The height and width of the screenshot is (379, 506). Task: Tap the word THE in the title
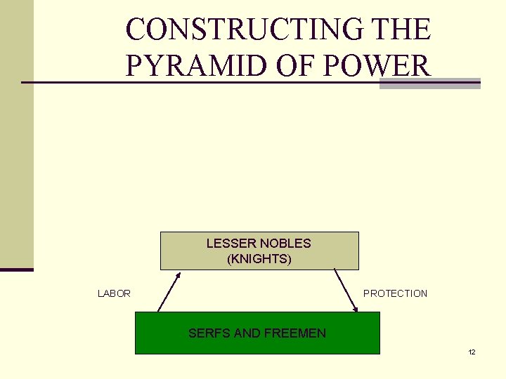(404, 29)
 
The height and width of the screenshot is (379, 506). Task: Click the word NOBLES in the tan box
(285, 244)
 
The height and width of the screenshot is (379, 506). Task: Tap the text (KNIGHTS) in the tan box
(259, 259)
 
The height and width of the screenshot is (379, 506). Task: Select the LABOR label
(114, 293)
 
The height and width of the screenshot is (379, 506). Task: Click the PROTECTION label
(395, 293)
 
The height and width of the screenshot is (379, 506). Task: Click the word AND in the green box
(247, 333)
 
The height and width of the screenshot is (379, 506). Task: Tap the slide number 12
(472, 352)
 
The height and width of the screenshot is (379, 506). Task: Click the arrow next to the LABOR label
(169, 291)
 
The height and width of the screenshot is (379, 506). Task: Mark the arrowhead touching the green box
(355, 308)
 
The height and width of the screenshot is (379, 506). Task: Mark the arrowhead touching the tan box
(179, 274)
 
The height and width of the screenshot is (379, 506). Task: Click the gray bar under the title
(429, 84)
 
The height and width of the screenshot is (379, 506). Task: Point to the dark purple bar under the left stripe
(16, 270)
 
